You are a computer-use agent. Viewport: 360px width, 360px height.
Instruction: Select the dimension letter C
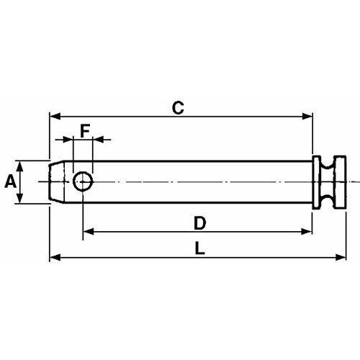coord(179,108)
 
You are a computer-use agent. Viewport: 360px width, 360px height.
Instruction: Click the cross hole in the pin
coord(83,182)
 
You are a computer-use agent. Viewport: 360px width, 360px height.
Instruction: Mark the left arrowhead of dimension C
coord(53,115)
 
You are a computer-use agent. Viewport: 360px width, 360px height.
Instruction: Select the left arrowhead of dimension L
coord(53,257)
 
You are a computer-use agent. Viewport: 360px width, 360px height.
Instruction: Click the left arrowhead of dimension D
coord(87,231)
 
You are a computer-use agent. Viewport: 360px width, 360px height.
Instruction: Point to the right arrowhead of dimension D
coord(310,231)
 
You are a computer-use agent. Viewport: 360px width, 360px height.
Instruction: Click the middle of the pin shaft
coord(194,182)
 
